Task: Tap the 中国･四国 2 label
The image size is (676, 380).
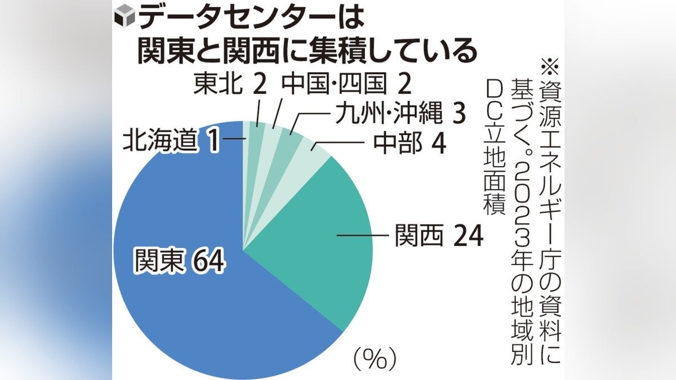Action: coord(346,84)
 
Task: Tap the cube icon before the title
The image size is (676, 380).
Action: coord(124,19)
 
